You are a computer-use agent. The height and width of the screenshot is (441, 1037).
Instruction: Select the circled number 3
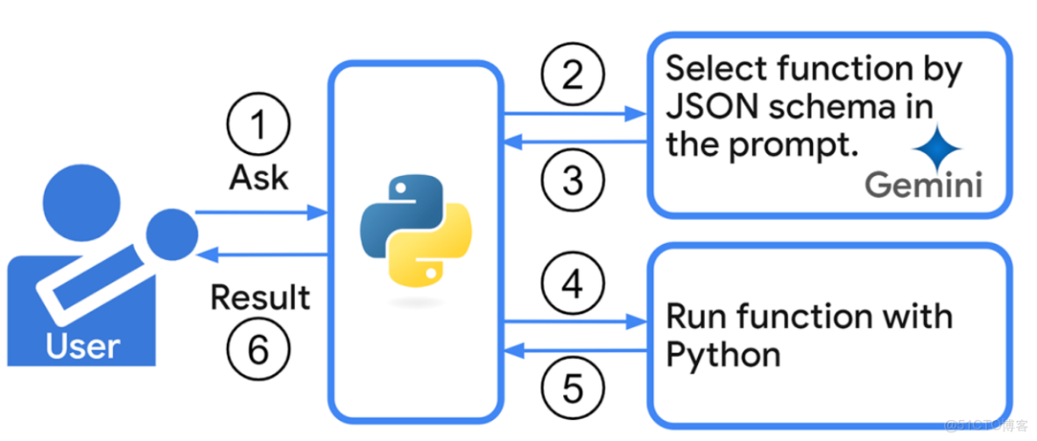pyautogui.click(x=572, y=181)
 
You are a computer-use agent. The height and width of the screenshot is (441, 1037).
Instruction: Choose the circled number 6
pyautogui.click(x=257, y=350)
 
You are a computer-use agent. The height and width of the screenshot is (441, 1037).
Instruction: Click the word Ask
pyautogui.click(x=258, y=177)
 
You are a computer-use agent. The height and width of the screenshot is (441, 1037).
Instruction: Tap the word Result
pyautogui.click(x=260, y=297)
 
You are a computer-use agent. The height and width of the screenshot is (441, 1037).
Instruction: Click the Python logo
pyautogui.click(x=415, y=231)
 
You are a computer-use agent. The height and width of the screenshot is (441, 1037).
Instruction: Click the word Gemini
pyautogui.click(x=923, y=185)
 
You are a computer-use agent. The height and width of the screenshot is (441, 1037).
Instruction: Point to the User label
pyautogui.click(x=82, y=347)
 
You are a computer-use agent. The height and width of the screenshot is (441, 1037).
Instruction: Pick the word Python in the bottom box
pyautogui.click(x=723, y=355)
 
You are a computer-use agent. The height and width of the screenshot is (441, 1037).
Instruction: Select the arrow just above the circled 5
pyautogui.click(x=575, y=350)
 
